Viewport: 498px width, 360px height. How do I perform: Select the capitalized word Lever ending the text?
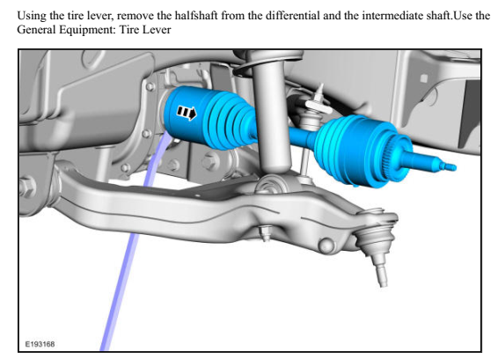click(x=156, y=28)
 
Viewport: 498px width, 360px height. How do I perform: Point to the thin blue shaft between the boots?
click(x=304, y=136)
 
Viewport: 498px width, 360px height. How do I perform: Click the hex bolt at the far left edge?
click(x=25, y=187)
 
